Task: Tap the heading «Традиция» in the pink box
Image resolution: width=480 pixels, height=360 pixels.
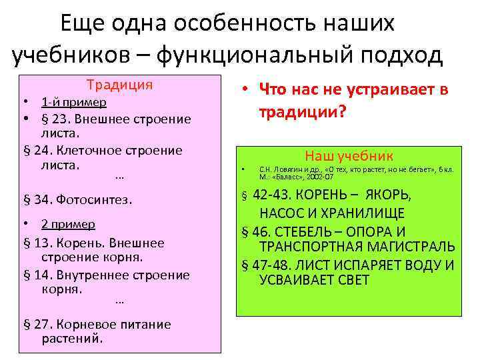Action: (120, 85)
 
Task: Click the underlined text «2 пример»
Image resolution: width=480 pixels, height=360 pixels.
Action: (68, 224)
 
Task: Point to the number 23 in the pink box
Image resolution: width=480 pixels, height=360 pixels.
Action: (61, 119)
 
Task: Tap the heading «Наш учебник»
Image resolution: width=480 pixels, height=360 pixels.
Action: (349, 156)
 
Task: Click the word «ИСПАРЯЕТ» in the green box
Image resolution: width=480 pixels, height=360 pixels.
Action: (360, 265)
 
